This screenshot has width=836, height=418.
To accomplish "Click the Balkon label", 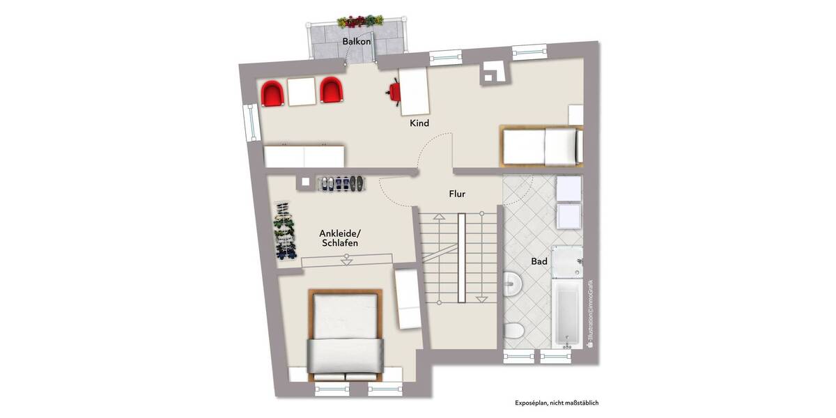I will tap(356, 42).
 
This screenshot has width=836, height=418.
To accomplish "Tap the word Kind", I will tap(419, 123).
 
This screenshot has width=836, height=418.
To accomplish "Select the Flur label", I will tap(457, 194).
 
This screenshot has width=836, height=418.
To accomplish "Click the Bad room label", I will tap(539, 262).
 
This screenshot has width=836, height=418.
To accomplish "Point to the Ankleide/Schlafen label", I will tap(340, 238).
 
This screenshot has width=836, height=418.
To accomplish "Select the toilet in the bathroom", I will tap(513, 332).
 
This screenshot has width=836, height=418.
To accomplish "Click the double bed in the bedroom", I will tap(346, 334).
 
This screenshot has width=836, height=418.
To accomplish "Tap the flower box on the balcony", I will tap(360, 21).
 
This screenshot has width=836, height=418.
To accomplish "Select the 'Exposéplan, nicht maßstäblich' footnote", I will tap(557, 403).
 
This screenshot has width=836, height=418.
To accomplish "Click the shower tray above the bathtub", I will tap(566, 263).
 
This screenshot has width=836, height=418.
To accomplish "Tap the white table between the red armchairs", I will tap(302, 91).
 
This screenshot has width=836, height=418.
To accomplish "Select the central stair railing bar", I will tap(461, 258).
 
